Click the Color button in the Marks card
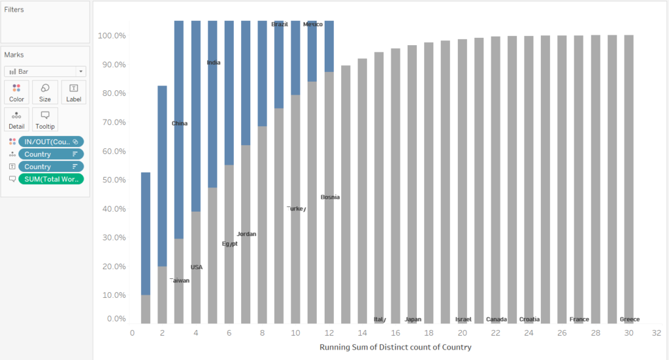click(16, 92)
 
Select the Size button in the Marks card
click(44, 92)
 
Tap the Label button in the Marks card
click(73, 92)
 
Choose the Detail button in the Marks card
click(16, 119)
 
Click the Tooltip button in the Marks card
click(44, 119)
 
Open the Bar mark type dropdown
click(44, 71)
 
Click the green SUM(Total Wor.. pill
click(51, 179)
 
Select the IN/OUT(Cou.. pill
click(51, 141)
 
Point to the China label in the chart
click(180, 123)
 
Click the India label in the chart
click(214, 63)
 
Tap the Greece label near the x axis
click(629, 319)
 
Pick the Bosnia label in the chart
click(330, 197)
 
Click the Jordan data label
click(246, 234)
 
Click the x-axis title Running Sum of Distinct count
click(395, 347)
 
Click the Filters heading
click(14, 10)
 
